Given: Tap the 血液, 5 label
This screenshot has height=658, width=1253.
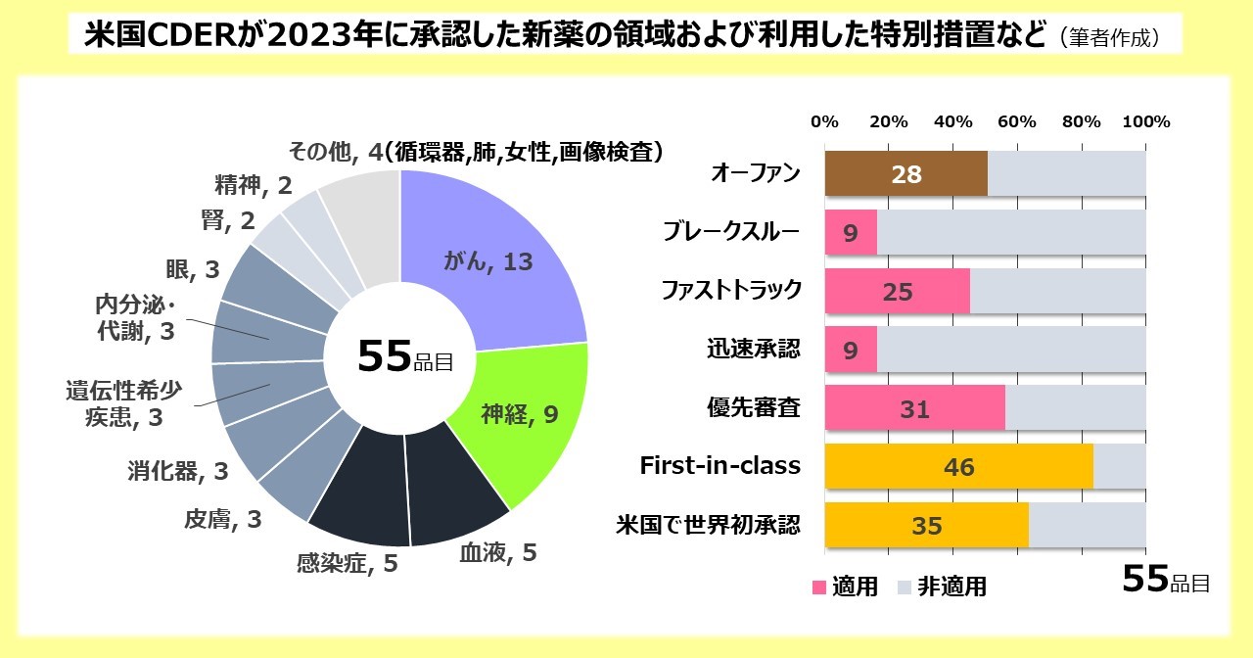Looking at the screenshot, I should click(x=498, y=553).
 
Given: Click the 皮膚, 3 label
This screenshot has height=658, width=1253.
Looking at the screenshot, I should click(x=222, y=519).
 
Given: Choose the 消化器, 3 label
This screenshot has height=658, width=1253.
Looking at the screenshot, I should click(x=177, y=471).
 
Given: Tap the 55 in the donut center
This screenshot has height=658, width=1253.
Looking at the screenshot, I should click(x=383, y=358).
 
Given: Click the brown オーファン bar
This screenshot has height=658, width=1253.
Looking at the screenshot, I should click(x=905, y=174).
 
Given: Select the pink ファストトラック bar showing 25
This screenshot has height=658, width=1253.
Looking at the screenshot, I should click(x=897, y=292).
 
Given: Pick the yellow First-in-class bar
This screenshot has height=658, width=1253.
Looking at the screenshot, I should click(x=958, y=467).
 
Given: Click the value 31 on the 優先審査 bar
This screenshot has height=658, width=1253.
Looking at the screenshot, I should click(x=914, y=409).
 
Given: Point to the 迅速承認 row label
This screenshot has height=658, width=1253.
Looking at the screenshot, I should click(x=753, y=350).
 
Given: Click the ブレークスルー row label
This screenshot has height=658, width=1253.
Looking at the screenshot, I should click(x=731, y=232).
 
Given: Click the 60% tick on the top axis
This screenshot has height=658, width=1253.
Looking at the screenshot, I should click(x=1017, y=122).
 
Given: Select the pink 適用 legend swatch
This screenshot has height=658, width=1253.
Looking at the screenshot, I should click(x=819, y=587).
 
